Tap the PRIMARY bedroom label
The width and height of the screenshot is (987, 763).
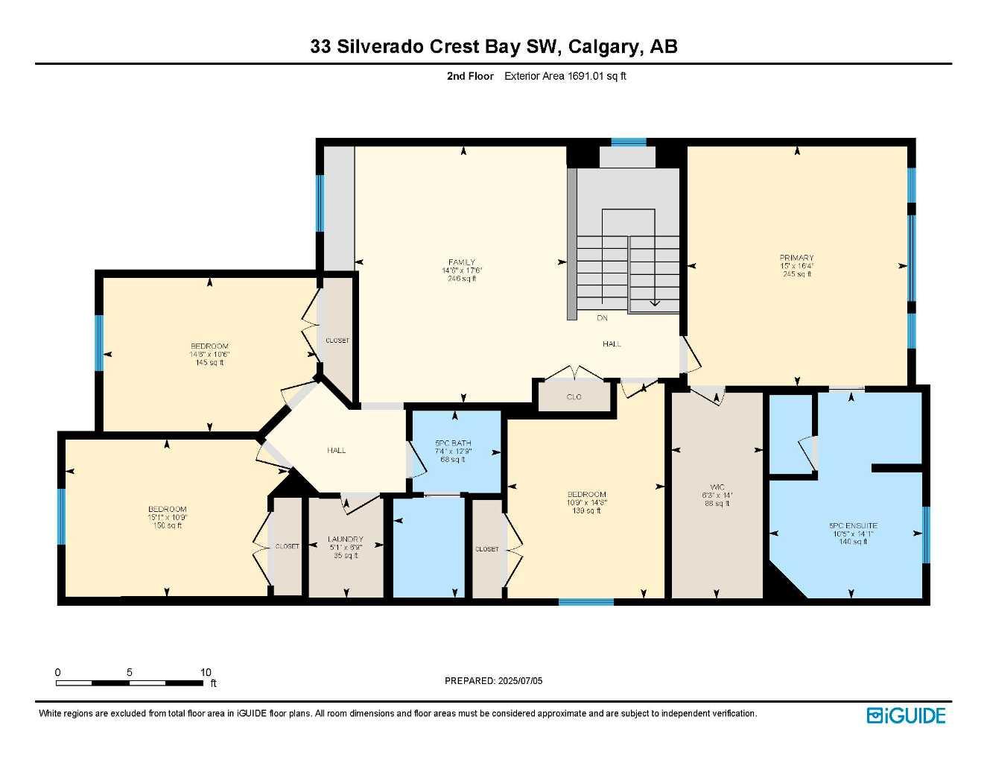point(796,258)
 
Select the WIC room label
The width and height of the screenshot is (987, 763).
point(717,487)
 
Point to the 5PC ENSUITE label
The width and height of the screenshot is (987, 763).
point(853,525)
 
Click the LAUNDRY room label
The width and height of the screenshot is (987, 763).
point(346,539)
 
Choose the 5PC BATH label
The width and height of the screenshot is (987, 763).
point(453,443)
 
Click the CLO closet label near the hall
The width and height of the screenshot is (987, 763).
point(574,397)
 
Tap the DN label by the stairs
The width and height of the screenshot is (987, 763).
point(602,318)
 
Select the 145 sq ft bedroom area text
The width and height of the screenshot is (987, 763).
point(209,363)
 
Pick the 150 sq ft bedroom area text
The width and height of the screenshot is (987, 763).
point(168,526)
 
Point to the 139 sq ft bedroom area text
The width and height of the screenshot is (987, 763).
point(586,510)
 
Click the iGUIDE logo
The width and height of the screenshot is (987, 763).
point(906,715)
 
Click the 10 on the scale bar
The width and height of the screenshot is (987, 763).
point(206,672)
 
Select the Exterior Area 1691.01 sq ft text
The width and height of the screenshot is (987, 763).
point(565,76)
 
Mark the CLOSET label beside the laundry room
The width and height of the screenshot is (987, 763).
point(287,546)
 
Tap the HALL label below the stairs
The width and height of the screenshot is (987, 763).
point(612,343)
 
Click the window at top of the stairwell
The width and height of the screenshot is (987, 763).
point(628,142)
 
